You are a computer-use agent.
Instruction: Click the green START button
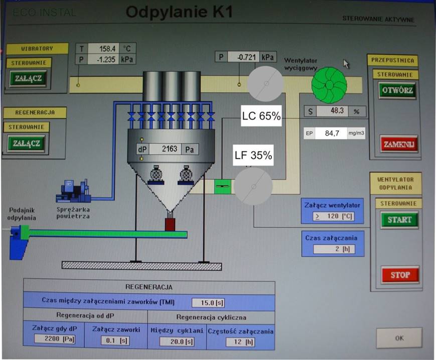tap(399, 219)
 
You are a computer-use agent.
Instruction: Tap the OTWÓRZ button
tap(397, 91)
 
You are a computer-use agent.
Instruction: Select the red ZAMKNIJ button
tap(399, 144)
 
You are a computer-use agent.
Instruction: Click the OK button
tap(399, 338)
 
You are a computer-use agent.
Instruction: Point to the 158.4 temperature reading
tap(104, 49)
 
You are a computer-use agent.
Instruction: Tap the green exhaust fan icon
tap(329, 83)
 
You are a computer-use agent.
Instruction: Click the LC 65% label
tap(261, 116)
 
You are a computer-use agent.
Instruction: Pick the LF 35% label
tap(253, 156)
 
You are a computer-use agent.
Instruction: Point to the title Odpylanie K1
tap(179, 12)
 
